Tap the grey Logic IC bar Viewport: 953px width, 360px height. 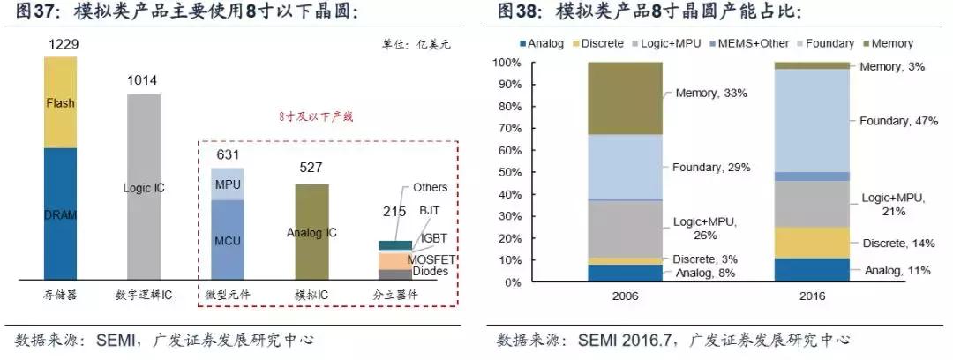tap(142, 188)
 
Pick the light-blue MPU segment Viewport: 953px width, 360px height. tap(227, 184)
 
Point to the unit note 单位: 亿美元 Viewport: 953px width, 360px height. tap(415, 44)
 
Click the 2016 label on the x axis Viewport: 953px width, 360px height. tap(810, 296)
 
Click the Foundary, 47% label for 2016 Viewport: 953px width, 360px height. tap(898, 121)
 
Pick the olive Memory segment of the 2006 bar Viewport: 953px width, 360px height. tap(625, 98)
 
